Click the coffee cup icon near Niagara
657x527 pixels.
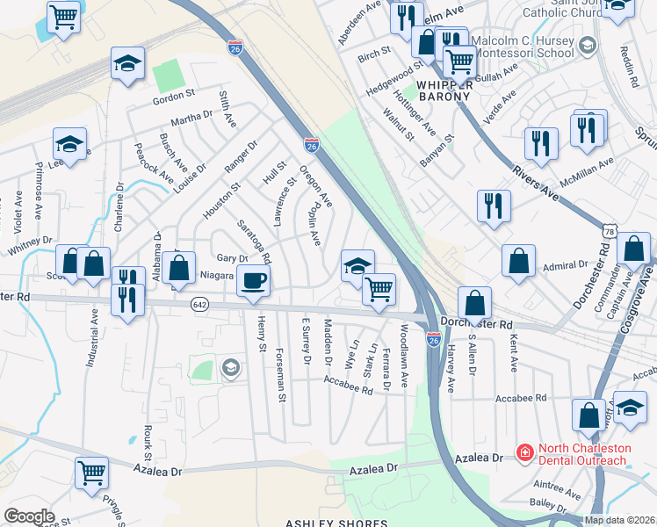pos(254,281)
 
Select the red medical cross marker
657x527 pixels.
pos(524,453)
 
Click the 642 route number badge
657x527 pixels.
pos(199,303)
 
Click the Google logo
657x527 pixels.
pos(29,516)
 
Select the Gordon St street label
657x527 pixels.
pos(173,95)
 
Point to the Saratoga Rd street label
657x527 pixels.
pos(255,241)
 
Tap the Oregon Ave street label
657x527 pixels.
pos(316,187)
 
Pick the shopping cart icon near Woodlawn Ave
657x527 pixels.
pos(379,288)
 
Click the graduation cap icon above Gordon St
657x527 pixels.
pos(127,63)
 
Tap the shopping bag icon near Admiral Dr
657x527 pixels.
pos(519,260)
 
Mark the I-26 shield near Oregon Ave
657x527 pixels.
pos(311,144)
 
